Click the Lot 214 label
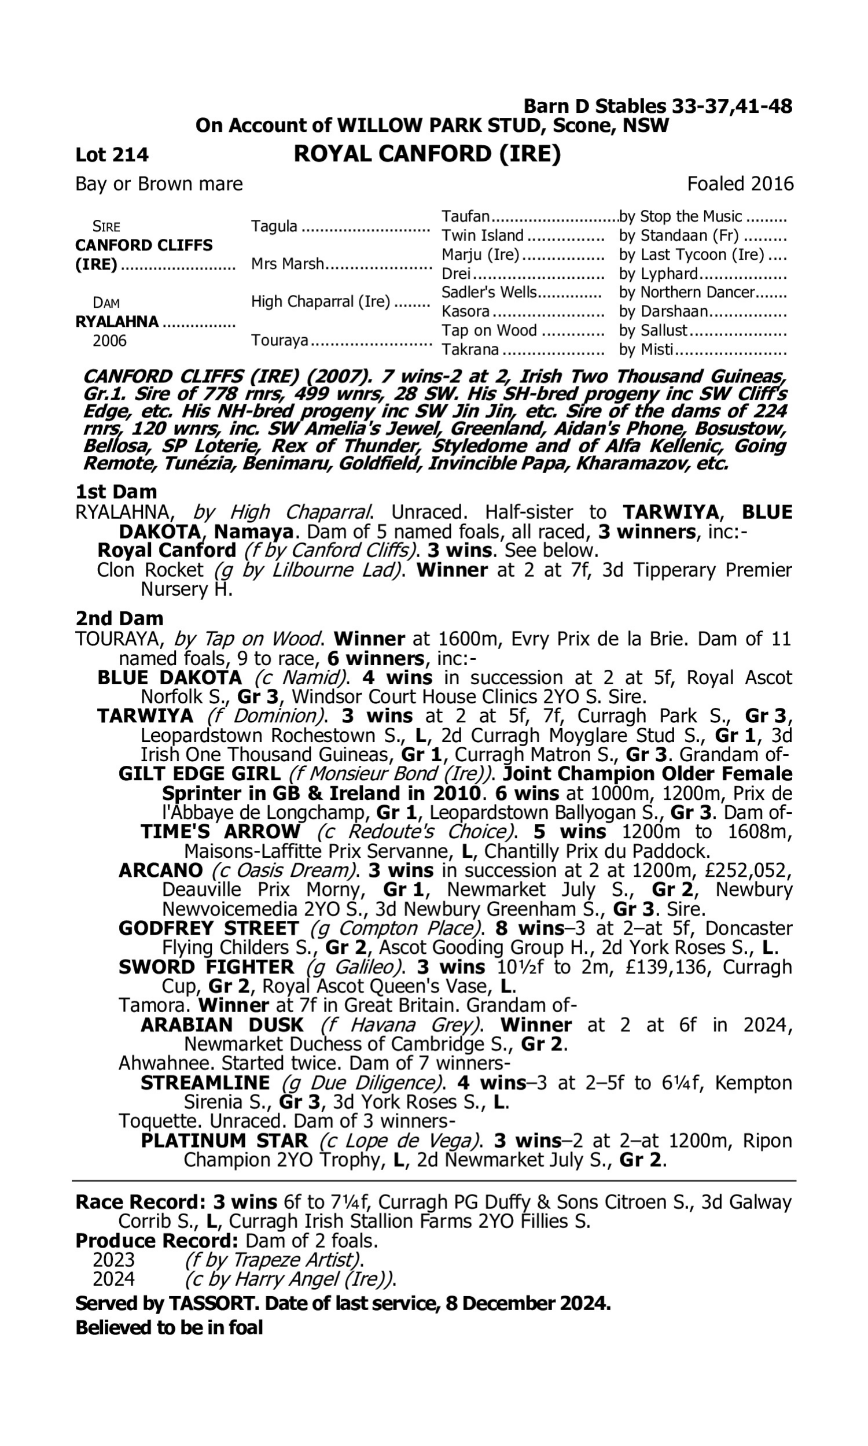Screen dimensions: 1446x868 (x=112, y=155)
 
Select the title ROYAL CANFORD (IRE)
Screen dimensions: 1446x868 (x=427, y=154)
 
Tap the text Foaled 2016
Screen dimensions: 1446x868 (x=740, y=184)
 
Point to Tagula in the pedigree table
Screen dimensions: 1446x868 (x=274, y=226)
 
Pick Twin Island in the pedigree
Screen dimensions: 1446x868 (x=483, y=235)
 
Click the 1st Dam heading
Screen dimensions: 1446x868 (x=116, y=492)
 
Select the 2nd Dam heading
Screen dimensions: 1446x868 (x=119, y=618)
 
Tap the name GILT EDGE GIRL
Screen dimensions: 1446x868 (x=200, y=774)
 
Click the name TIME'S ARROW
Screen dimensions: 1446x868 (x=220, y=832)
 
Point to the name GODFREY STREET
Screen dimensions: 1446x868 (x=208, y=928)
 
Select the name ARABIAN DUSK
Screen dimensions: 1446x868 (x=222, y=1024)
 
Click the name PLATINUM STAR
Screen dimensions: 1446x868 (x=224, y=1141)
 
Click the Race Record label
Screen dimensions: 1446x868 (x=141, y=1202)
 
